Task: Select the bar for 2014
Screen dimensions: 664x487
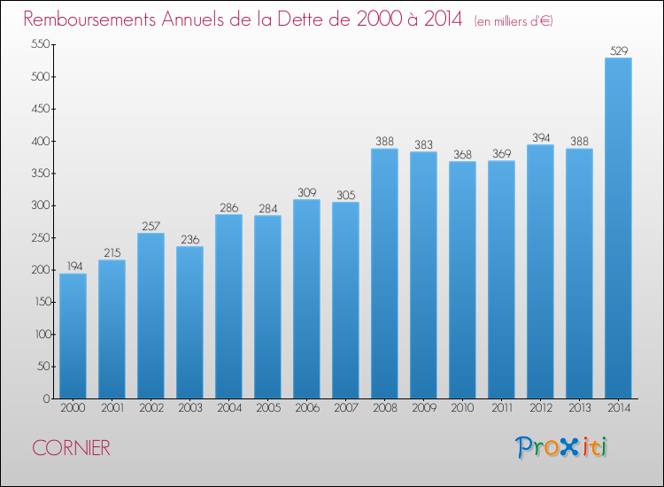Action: tap(618, 228)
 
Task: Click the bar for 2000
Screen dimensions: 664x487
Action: tap(73, 336)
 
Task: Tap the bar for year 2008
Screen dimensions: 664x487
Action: tap(384, 273)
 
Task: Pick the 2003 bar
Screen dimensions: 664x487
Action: tap(189, 322)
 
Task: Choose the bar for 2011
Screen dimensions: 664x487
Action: tap(501, 280)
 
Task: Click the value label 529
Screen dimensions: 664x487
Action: tap(619, 50)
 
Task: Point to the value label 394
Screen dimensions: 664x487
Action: tap(541, 137)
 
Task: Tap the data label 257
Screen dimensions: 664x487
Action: tap(151, 226)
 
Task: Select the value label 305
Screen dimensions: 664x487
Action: tap(346, 195)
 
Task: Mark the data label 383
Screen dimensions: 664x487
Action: tap(424, 145)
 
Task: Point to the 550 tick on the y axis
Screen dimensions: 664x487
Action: tap(41, 44)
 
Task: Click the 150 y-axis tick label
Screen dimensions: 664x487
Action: tap(43, 302)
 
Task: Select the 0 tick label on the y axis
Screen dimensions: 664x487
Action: tap(47, 398)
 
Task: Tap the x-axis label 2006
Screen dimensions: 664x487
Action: tap(307, 407)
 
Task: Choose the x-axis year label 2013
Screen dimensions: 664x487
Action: tap(580, 407)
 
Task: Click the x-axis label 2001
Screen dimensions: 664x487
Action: tap(112, 407)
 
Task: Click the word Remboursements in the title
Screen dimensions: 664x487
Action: tap(89, 19)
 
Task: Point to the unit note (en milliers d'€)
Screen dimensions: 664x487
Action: tap(513, 20)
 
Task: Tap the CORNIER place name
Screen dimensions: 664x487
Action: tap(71, 448)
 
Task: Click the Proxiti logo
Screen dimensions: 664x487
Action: tap(561, 447)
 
